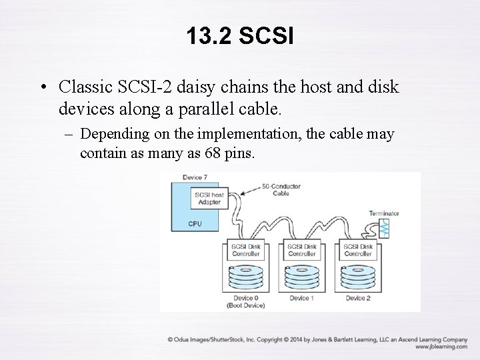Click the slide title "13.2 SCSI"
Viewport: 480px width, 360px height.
tap(240, 36)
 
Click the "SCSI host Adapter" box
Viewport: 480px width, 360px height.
tap(208, 198)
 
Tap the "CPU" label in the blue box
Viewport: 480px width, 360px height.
tap(195, 224)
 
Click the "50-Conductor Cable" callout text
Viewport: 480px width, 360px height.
tap(281, 189)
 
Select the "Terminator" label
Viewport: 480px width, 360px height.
tap(383, 213)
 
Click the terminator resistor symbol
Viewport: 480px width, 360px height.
tap(385, 229)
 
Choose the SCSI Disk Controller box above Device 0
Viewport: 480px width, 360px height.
tap(245, 251)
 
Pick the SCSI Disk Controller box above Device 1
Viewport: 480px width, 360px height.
tap(301, 251)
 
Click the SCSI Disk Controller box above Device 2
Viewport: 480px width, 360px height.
tap(358, 251)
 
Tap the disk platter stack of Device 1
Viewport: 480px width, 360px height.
tap(302, 277)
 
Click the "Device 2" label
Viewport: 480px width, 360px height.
tap(358, 298)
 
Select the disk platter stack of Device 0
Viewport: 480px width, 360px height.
tap(245, 277)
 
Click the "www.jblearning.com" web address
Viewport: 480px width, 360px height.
tap(441, 347)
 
